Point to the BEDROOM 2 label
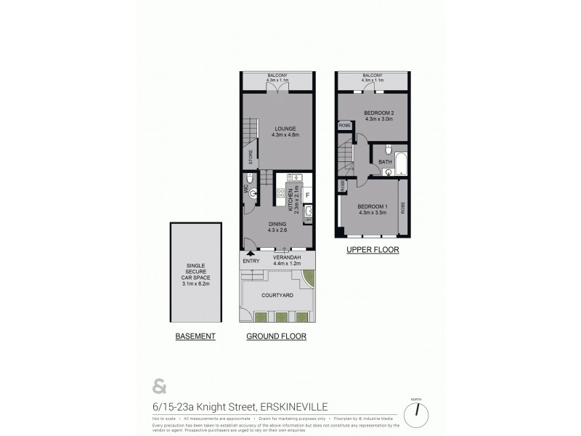(x=372, y=113)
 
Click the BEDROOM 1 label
(x=373, y=207)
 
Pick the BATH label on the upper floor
(x=385, y=161)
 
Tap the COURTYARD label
(x=277, y=295)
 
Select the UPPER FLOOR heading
(x=373, y=250)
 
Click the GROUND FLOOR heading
(x=276, y=336)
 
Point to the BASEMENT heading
(x=195, y=336)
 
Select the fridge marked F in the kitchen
(x=307, y=194)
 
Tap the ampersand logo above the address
(x=158, y=385)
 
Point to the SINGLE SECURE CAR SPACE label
(x=195, y=272)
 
